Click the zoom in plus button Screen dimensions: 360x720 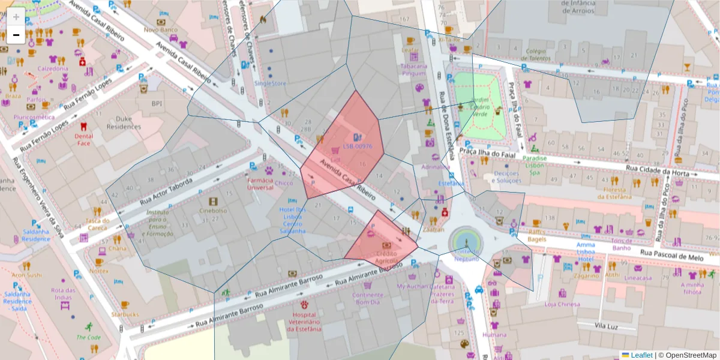pyautogui.click(x=16, y=16)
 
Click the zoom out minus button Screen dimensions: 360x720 pyautogui.click(x=16, y=35)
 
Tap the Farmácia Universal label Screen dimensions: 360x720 pyautogui.click(x=260, y=183)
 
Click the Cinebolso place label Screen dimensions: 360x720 pyautogui.click(x=213, y=211)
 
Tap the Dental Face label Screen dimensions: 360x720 pyautogui.click(x=83, y=140)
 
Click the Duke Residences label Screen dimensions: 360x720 pyautogui.click(x=123, y=123)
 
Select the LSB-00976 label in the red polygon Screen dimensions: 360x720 pyautogui.click(x=358, y=146)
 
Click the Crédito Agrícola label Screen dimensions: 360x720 pyautogui.click(x=386, y=257)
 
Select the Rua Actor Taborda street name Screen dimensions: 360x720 pyautogui.click(x=167, y=192)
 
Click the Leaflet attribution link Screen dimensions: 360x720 pyautogui.click(x=641, y=355)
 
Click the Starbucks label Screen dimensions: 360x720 pyautogui.click(x=124, y=314)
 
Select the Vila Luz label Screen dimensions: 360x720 pyautogui.click(x=606, y=325)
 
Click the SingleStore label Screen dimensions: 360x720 pyautogui.click(x=271, y=83)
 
